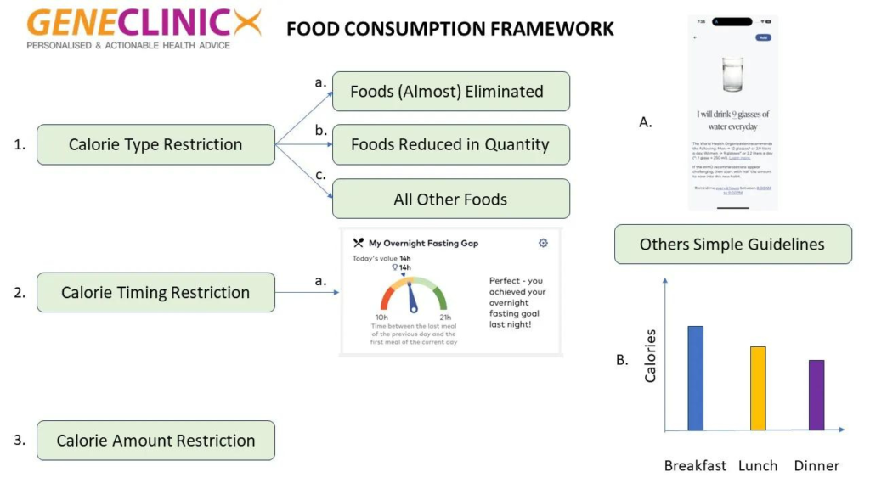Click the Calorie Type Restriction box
(155, 144)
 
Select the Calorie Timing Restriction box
(155, 292)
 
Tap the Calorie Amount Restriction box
(155, 441)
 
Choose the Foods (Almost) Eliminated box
(450, 92)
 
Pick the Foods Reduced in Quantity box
(450, 144)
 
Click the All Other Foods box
(450, 200)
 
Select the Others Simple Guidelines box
(732, 244)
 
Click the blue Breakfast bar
(695, 378)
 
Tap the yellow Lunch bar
(758, 388)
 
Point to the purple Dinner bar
(816, 395)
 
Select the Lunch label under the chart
(758, 465)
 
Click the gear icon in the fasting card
(543, 243)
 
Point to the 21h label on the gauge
(445, 318)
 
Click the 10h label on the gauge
(382, 318)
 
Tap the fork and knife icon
(359, 243)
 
